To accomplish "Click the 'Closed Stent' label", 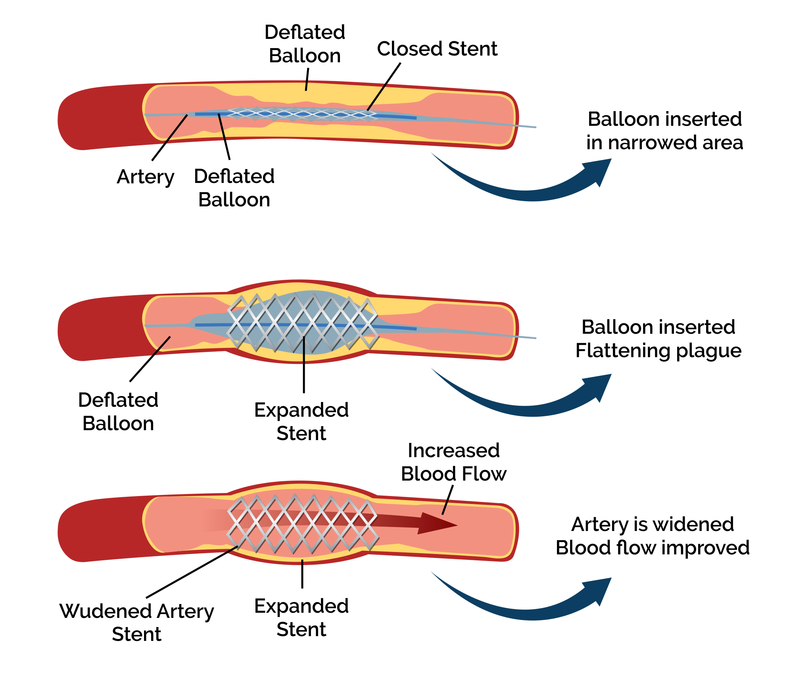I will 437,49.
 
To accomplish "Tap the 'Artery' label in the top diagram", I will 145,177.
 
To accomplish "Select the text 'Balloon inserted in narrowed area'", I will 664,131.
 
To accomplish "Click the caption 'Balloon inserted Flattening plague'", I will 658,339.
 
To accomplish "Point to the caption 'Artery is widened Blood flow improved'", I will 652,536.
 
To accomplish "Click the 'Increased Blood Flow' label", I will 453,462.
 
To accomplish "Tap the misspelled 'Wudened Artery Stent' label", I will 136,622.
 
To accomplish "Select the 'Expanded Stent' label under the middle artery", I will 301,421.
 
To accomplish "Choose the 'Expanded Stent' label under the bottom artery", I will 301,617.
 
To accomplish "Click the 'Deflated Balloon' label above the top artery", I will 305,44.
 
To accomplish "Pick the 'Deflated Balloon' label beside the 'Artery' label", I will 234,188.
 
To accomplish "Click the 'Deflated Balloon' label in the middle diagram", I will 118,412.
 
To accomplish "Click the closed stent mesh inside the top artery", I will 301,114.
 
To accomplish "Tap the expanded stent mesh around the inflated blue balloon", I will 301,323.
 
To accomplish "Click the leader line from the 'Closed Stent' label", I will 384,87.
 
